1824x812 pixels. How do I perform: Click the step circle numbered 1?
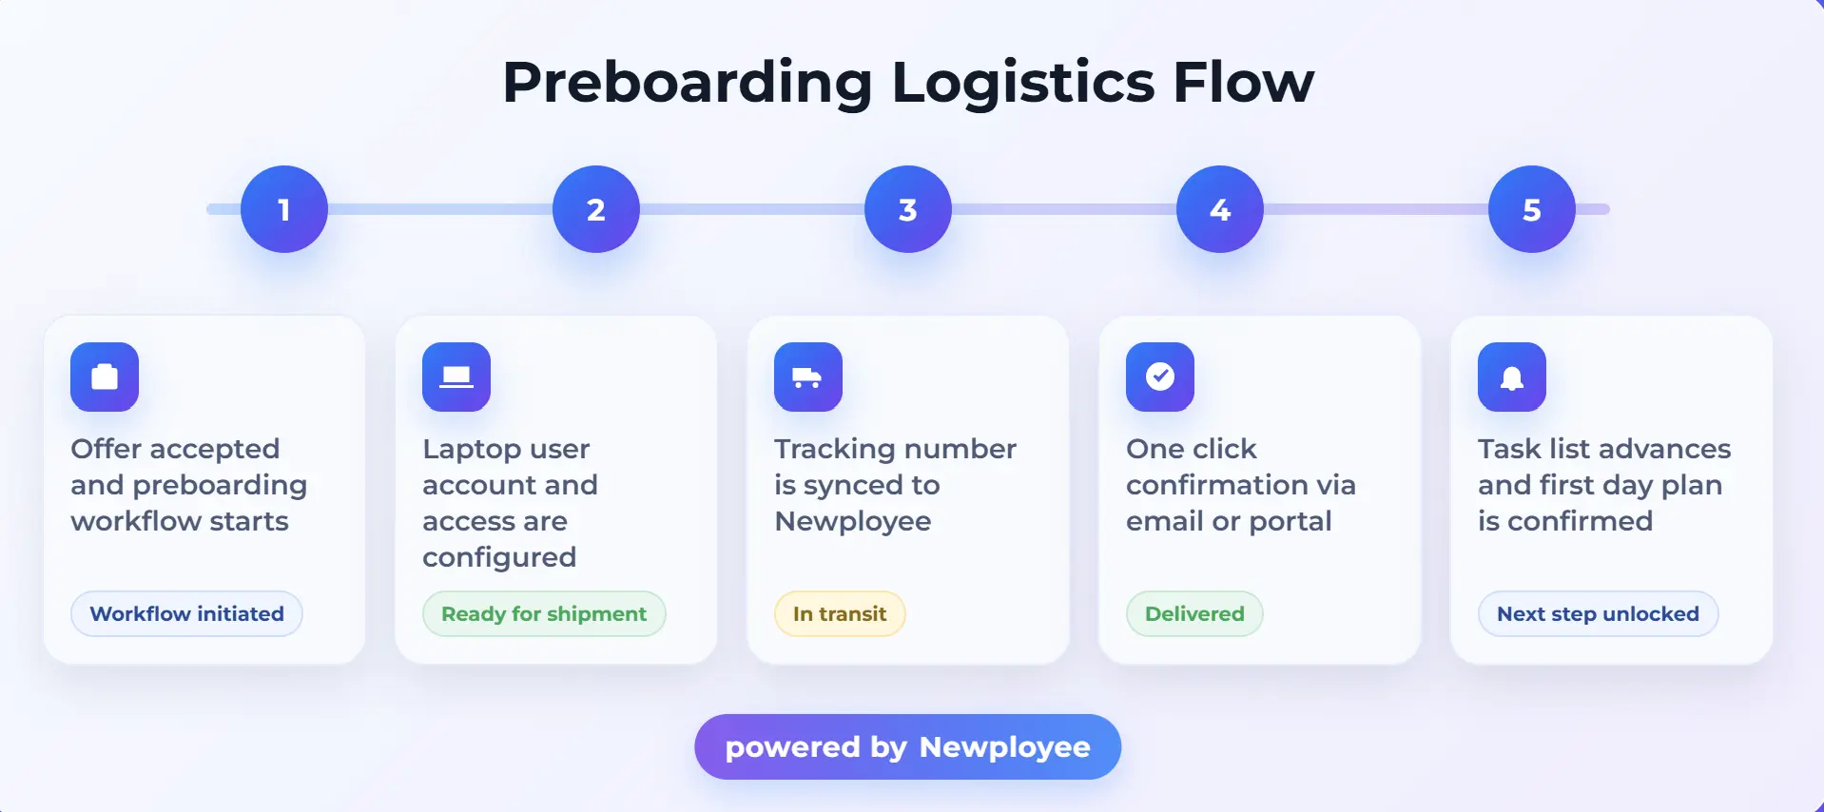283,209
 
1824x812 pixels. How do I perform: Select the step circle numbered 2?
595,209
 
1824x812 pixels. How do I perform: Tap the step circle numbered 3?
907,209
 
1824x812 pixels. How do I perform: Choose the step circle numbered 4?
1219,209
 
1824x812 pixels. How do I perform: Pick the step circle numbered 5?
1531,209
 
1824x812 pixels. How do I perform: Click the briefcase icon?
105,377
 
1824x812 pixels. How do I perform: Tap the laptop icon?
456,377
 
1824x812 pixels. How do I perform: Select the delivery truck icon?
808,377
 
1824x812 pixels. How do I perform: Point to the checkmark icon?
1160,377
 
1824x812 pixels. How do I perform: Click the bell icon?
1512,377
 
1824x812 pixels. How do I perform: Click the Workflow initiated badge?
186,613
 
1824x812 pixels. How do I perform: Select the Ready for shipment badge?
544,613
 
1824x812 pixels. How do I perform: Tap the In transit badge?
840,613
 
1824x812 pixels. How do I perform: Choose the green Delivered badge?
1194,613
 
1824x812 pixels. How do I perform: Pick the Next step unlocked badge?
1598,613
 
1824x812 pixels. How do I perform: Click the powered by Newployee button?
907,746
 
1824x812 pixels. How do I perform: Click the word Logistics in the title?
1022,83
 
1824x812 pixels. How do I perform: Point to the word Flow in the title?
1243,83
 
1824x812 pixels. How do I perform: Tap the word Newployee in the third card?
853,521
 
